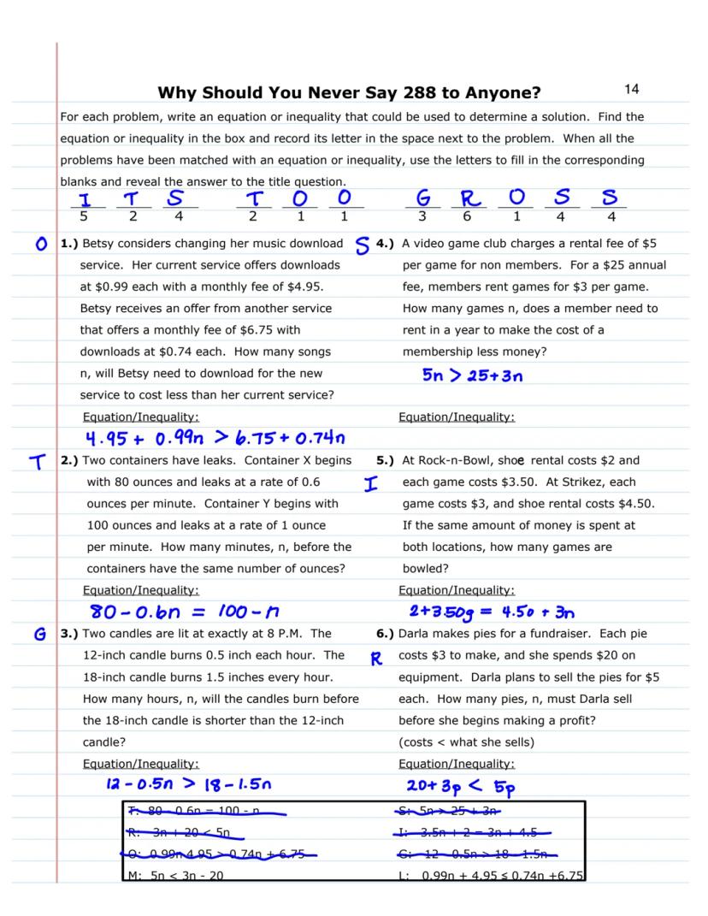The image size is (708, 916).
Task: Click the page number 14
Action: click(632, 89)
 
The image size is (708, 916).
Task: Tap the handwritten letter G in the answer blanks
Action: click(422, 199)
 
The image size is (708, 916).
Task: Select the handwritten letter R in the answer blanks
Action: click(468, 200)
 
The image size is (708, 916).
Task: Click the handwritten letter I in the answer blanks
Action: click(84, 199)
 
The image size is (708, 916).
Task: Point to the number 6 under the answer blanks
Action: click(468, 217)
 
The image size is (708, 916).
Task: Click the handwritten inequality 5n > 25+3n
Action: click(472, 375)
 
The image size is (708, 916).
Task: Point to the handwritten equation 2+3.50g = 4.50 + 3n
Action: click(491, 612)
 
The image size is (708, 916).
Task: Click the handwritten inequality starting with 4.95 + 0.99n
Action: click(212, 440)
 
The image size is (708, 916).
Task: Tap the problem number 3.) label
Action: click(68, 634)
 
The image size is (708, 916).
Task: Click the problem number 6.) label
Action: click(385, 634)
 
